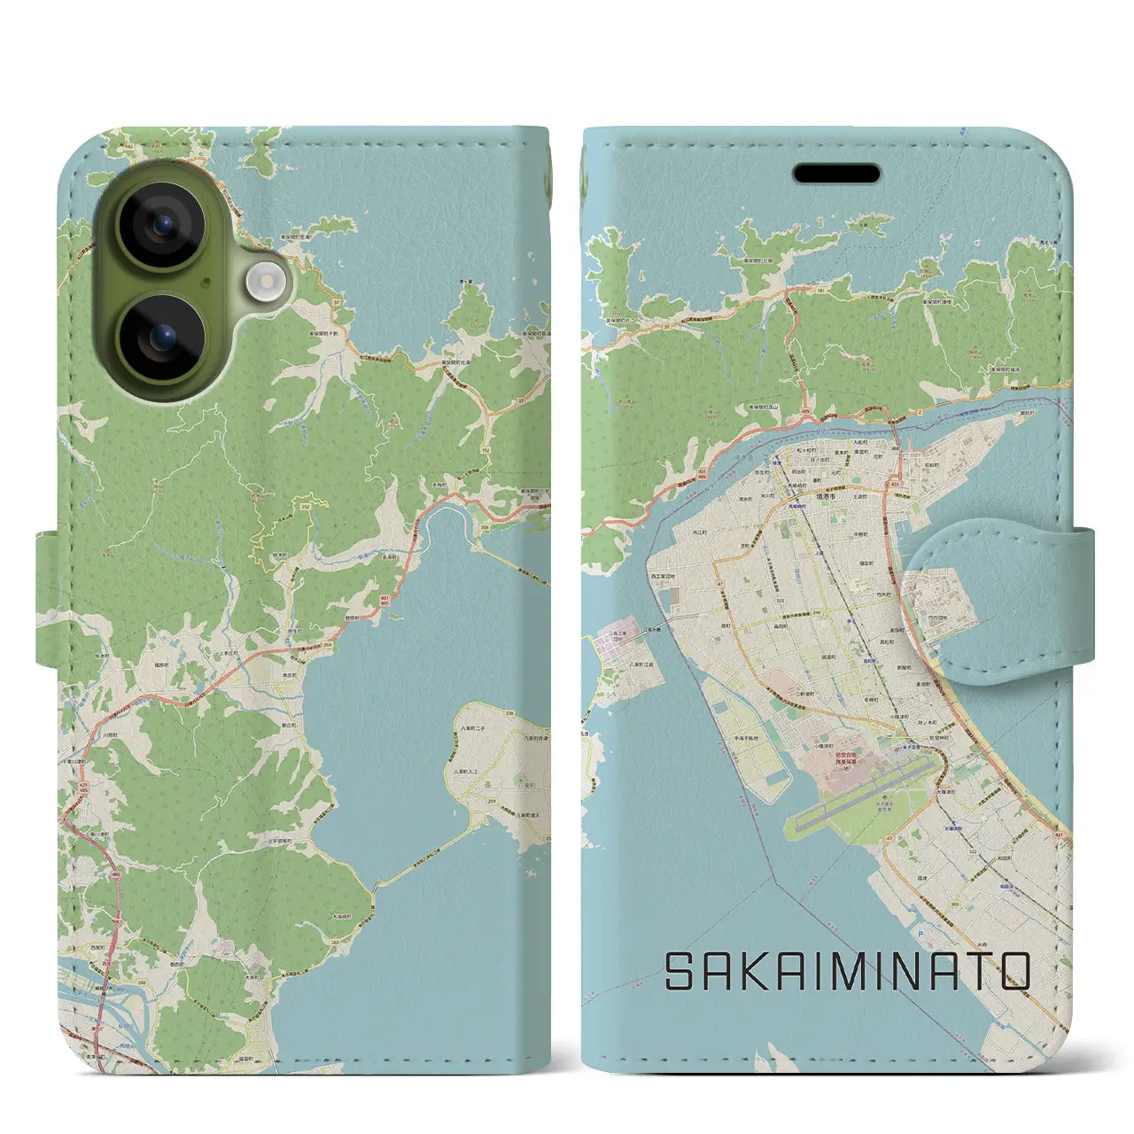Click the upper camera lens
pyautogui.click(x=161, y=225)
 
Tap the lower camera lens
pyautogui.click(x=161, y=337)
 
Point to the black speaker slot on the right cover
pyautogui.click(x=836, y=174)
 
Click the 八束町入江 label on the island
pyautogui.click(x=470, y=773)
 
